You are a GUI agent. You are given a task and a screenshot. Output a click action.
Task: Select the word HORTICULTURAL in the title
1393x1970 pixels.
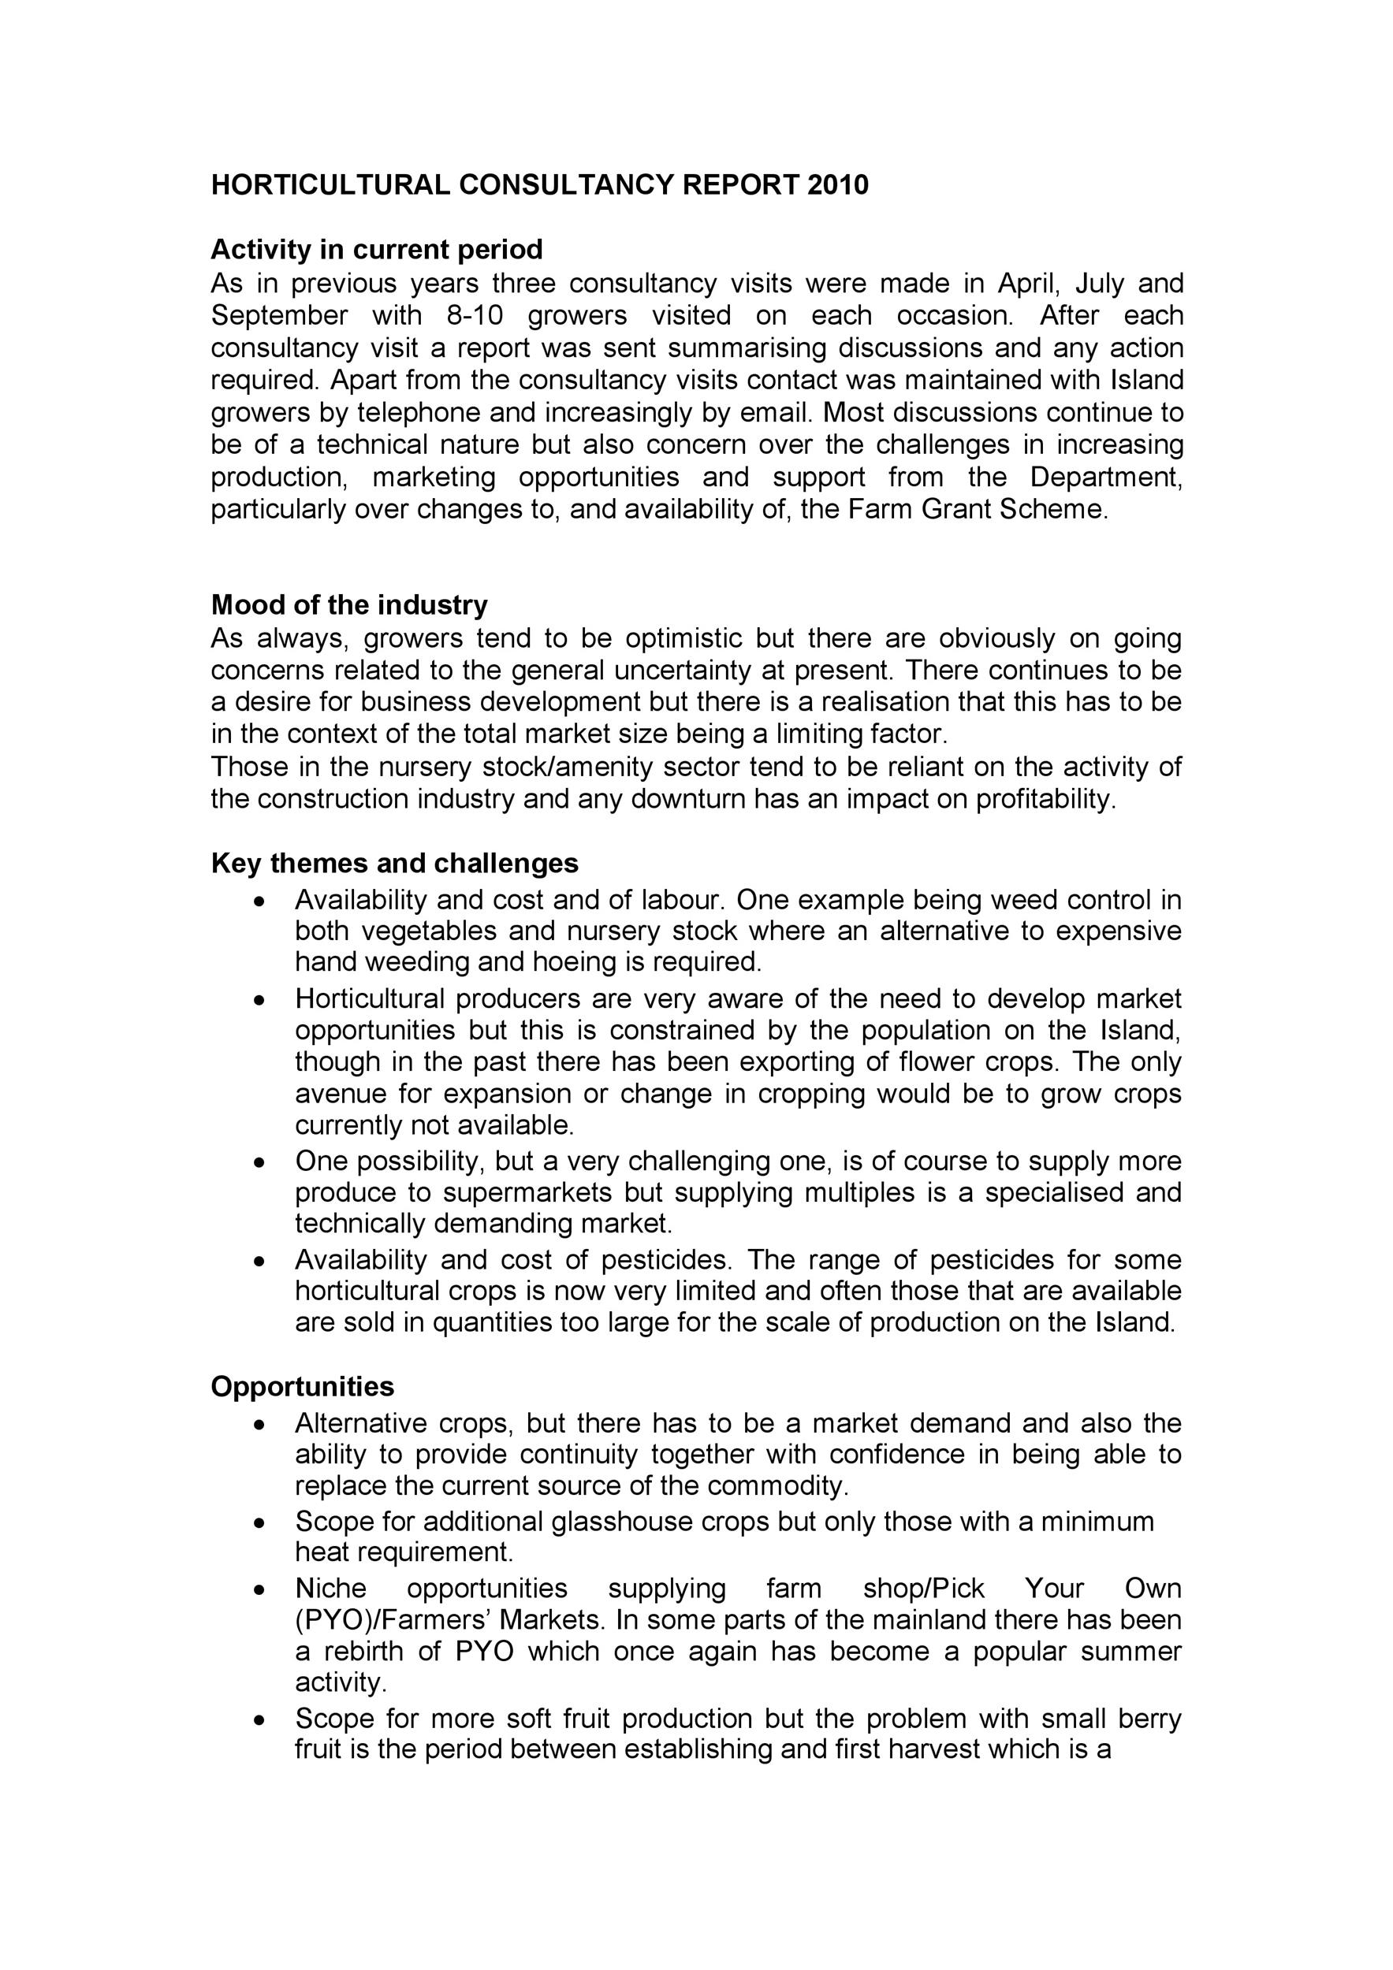(x=330, y=184)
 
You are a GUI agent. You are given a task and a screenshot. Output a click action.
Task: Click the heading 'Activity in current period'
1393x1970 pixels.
(x=377, y=250)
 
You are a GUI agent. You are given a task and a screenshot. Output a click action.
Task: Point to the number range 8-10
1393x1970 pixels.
(x=475, y=315)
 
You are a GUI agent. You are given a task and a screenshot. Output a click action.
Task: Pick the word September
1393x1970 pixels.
(x=280, y=315)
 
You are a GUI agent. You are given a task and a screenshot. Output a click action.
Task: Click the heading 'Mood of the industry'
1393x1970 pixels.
(x=349, y=605)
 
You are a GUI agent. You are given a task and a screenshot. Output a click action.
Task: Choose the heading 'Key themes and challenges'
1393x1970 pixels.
(x=395, y=862)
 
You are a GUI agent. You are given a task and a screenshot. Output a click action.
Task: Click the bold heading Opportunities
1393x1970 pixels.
(x=303, y=1387)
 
